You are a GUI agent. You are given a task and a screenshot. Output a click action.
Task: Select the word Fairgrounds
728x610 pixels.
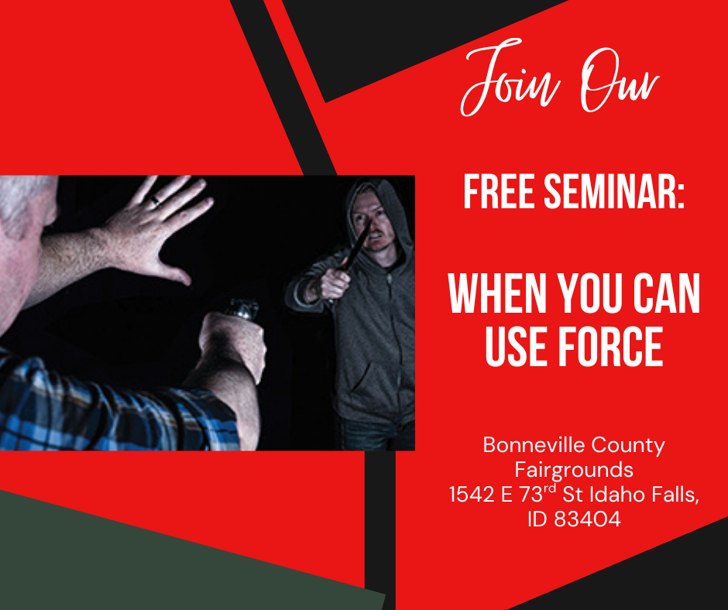click(x=574, y=469)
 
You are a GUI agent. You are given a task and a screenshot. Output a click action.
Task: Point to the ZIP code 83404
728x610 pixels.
click(x=588, y=519)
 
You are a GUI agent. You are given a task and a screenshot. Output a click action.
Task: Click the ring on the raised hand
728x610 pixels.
click(x=156, y=202)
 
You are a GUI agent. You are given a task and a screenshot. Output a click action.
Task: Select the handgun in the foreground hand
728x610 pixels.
click(x=242, y=310)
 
